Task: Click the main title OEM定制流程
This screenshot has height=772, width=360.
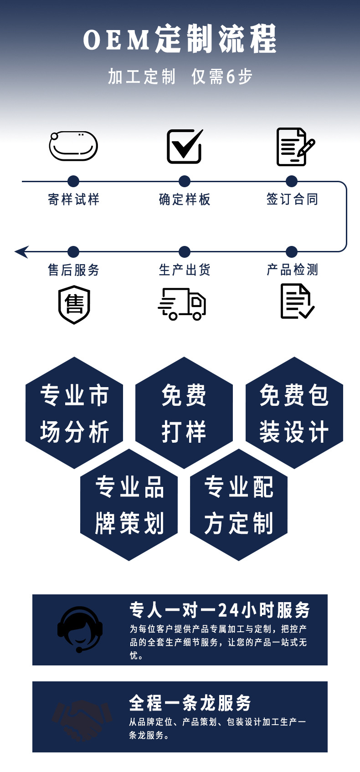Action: (180, 39)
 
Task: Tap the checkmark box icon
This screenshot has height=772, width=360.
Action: (184, 146)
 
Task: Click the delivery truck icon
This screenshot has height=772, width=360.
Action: (182, 304)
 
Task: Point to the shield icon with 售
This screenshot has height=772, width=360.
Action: (74, 304)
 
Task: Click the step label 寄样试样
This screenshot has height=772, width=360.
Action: (73, 199)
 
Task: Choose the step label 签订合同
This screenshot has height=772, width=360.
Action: (292, 199)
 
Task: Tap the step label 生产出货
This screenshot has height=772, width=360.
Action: (185, 270)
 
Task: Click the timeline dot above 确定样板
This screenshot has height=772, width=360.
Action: (185, 181)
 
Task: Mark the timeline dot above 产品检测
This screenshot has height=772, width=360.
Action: (292, 251)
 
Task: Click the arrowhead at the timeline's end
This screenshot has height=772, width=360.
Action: (21, 251)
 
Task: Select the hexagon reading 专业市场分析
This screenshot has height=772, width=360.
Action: (74, 413)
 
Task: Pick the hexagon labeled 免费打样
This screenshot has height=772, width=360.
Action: (184, 413)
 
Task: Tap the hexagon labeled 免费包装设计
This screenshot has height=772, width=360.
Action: (294, 413)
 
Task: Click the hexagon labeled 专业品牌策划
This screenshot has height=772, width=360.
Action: (129, 505)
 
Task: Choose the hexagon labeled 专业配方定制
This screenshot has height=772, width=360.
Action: (239, 505)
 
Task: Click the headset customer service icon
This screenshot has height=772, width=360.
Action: (80, 629)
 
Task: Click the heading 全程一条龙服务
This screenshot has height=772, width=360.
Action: (190, 703)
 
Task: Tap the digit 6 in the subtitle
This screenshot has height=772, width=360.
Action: (231, 77)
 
